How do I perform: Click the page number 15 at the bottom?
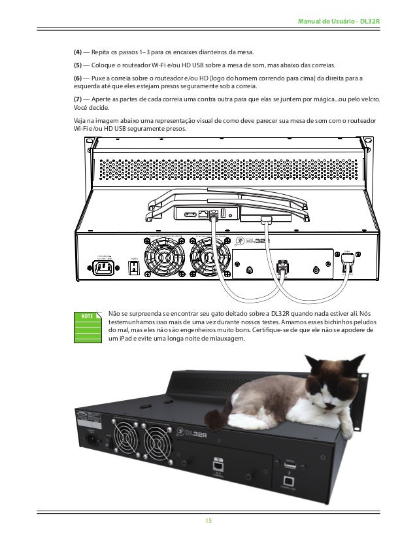(208, 520)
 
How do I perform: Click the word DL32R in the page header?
(371, 22)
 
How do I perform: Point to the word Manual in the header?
(310, 22)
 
